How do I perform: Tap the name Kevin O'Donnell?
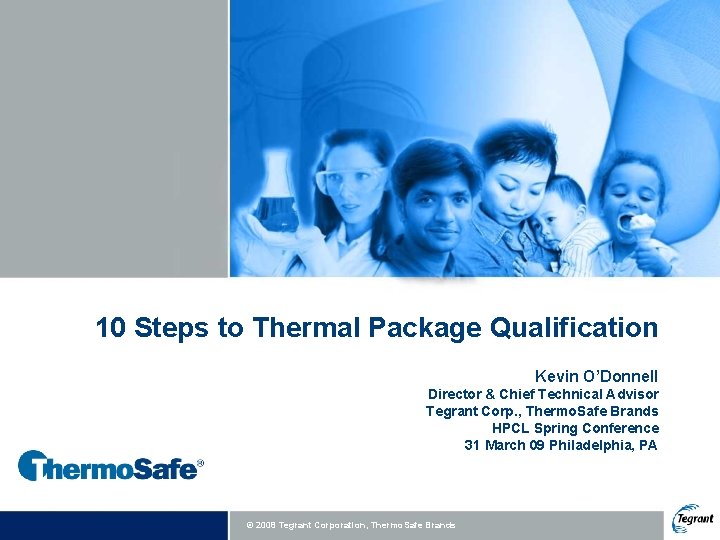596,376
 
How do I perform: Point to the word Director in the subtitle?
459,394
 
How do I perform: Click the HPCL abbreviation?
510,428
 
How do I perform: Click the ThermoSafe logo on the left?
110,465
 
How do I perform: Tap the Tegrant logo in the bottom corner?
693,517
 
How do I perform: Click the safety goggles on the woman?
350,180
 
